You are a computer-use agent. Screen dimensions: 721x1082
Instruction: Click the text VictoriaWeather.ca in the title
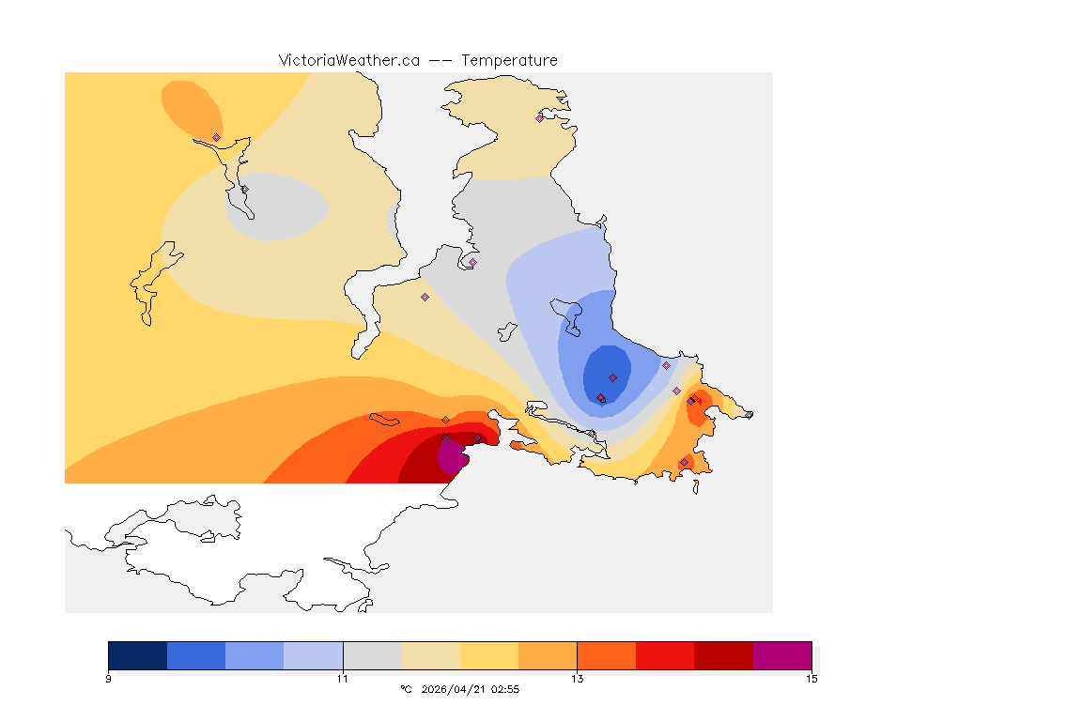pos(348,60)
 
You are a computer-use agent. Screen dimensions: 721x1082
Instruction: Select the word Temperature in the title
pos(509,60)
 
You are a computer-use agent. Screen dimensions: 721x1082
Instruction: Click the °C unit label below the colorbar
pos(406,689)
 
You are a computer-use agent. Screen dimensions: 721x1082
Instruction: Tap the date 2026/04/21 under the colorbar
pos(456,689)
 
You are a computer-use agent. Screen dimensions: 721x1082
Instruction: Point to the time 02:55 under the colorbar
pos(505,689)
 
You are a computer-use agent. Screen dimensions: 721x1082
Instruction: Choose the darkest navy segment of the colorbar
pos(138,655)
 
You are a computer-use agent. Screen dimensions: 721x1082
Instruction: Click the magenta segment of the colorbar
pos(781,655)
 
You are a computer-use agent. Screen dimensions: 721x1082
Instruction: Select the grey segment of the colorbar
pos(372,655)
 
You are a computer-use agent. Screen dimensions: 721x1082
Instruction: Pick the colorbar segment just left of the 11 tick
pos(314,655)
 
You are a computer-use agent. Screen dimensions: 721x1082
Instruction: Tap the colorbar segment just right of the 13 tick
pos(606,655)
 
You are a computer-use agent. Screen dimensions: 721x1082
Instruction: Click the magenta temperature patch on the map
pos(453,459)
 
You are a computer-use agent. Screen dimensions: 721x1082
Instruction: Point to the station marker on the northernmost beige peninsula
pos(540,117)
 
